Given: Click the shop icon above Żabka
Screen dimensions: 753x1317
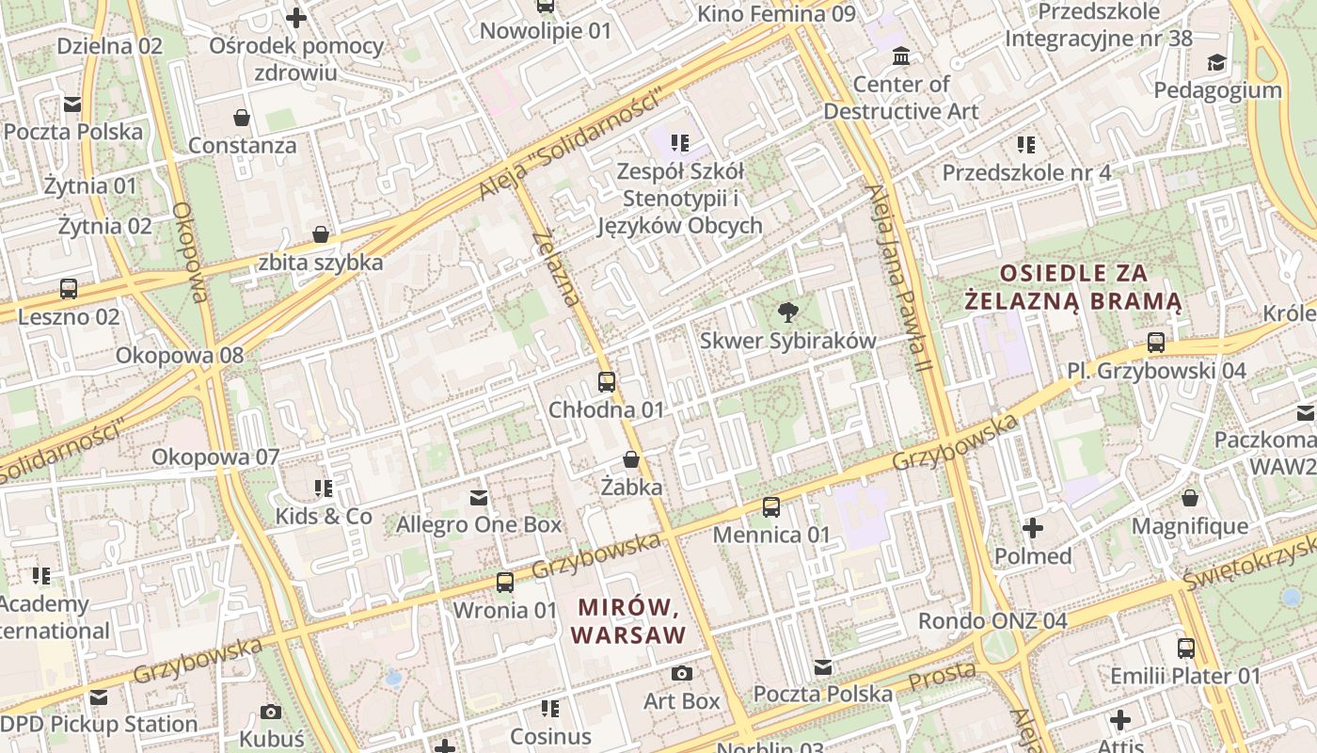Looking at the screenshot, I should (x=631, y=460).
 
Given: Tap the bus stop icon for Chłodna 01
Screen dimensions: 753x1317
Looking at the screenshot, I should (x=607, y=382).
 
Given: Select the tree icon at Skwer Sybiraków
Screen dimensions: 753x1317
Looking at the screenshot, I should (x=787, y=312).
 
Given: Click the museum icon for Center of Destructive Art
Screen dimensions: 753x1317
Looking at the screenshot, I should (x=901, y=56).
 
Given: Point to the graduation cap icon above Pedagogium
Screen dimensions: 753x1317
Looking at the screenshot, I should (x=1216, y=62).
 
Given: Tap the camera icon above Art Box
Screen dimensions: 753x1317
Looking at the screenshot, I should (x=682, y=674).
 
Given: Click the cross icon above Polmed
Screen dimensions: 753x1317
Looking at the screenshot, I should (x=1033, y=528).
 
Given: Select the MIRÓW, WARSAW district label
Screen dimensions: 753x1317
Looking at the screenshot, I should (x=628, y=621).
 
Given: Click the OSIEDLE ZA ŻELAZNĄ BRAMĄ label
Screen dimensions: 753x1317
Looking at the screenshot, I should (x=1073, y=287).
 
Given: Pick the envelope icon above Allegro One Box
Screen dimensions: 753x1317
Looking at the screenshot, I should (x=479, y=497).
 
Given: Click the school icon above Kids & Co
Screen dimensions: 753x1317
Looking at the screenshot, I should (x=324, y=489).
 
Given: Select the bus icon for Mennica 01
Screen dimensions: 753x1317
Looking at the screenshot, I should (x=771, y=507).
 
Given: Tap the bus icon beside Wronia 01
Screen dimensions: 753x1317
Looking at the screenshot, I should (x=505, y=582).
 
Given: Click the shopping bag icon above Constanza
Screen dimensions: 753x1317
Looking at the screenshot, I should (x=242, y=118).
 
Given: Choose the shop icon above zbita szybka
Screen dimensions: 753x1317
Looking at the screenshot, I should (x=321, y=234).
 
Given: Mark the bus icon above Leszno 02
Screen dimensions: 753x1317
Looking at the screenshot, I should (x=69, y=289).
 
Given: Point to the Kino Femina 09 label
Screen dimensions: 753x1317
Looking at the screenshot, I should (x=776, y=14).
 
